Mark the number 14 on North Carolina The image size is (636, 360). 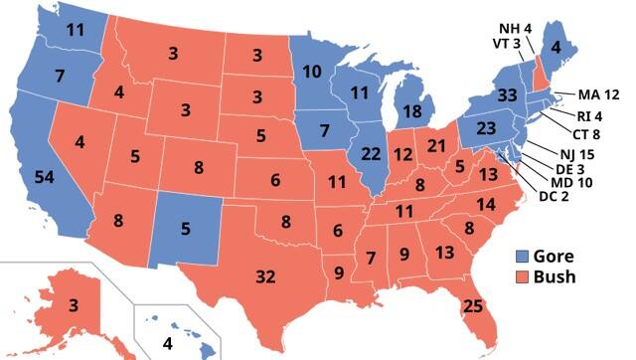click(485, 204)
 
